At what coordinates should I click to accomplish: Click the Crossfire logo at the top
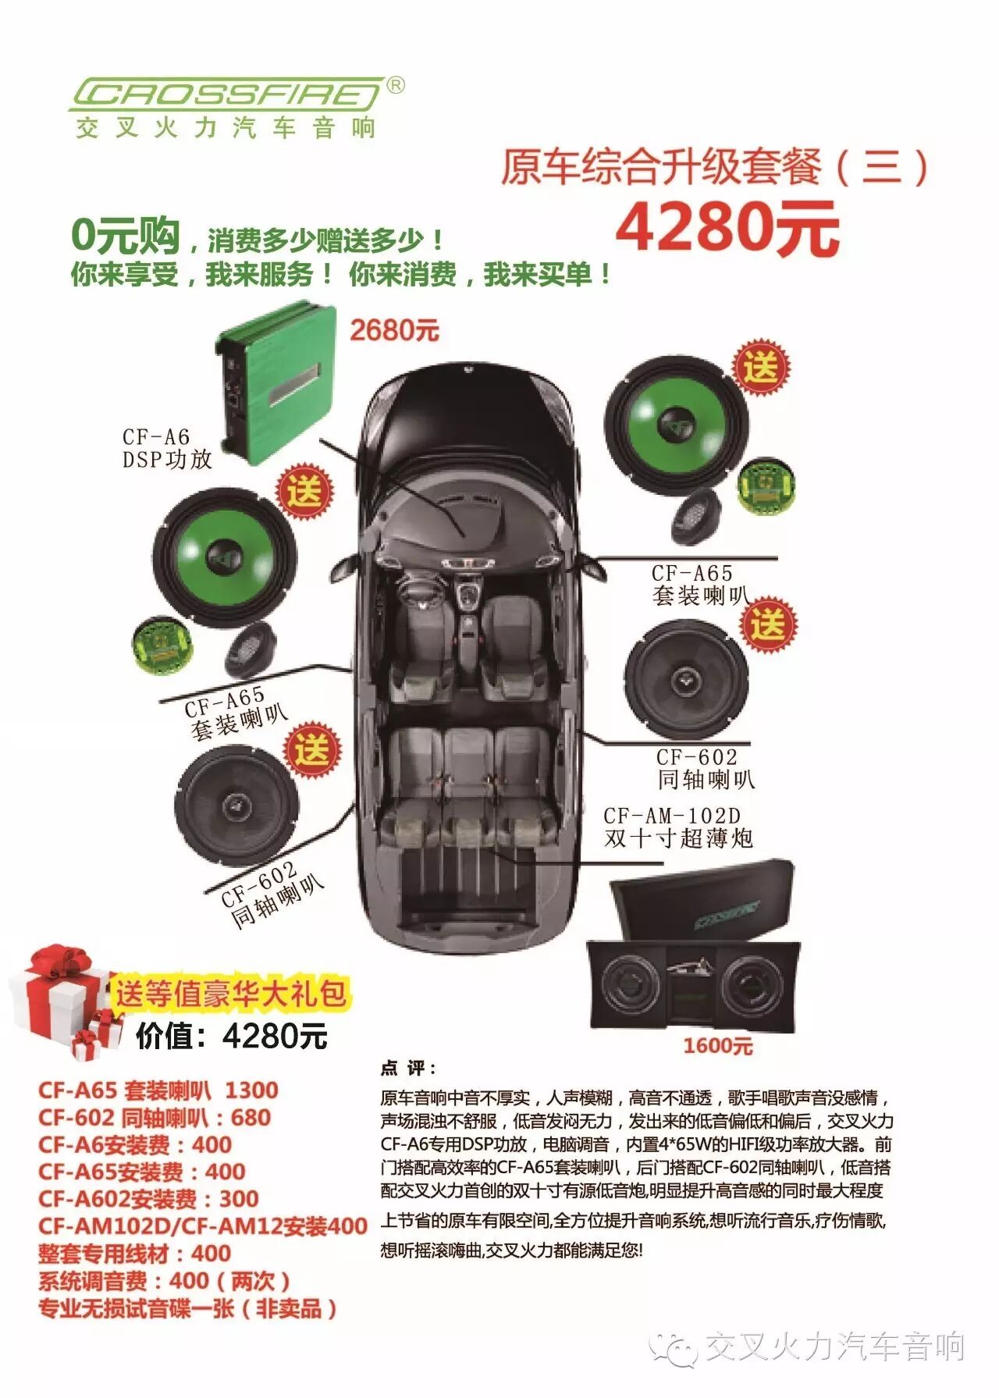[x=226, y=94]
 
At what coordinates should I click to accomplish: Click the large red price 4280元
[x=727, y=228]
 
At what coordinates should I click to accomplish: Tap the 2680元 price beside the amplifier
[x=394, y=330]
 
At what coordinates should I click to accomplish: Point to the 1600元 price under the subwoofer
[x=718, y=1046]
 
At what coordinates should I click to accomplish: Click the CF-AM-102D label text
[x=672, y=816]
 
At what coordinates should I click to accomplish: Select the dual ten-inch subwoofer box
[x=693, y=944]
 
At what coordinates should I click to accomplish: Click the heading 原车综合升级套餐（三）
[x=714, y=167]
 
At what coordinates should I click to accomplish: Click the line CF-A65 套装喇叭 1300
[x=158, y=1090]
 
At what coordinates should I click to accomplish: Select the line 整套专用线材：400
[x=134, y=1254]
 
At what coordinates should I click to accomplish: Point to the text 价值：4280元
[x=232, y=1037]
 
